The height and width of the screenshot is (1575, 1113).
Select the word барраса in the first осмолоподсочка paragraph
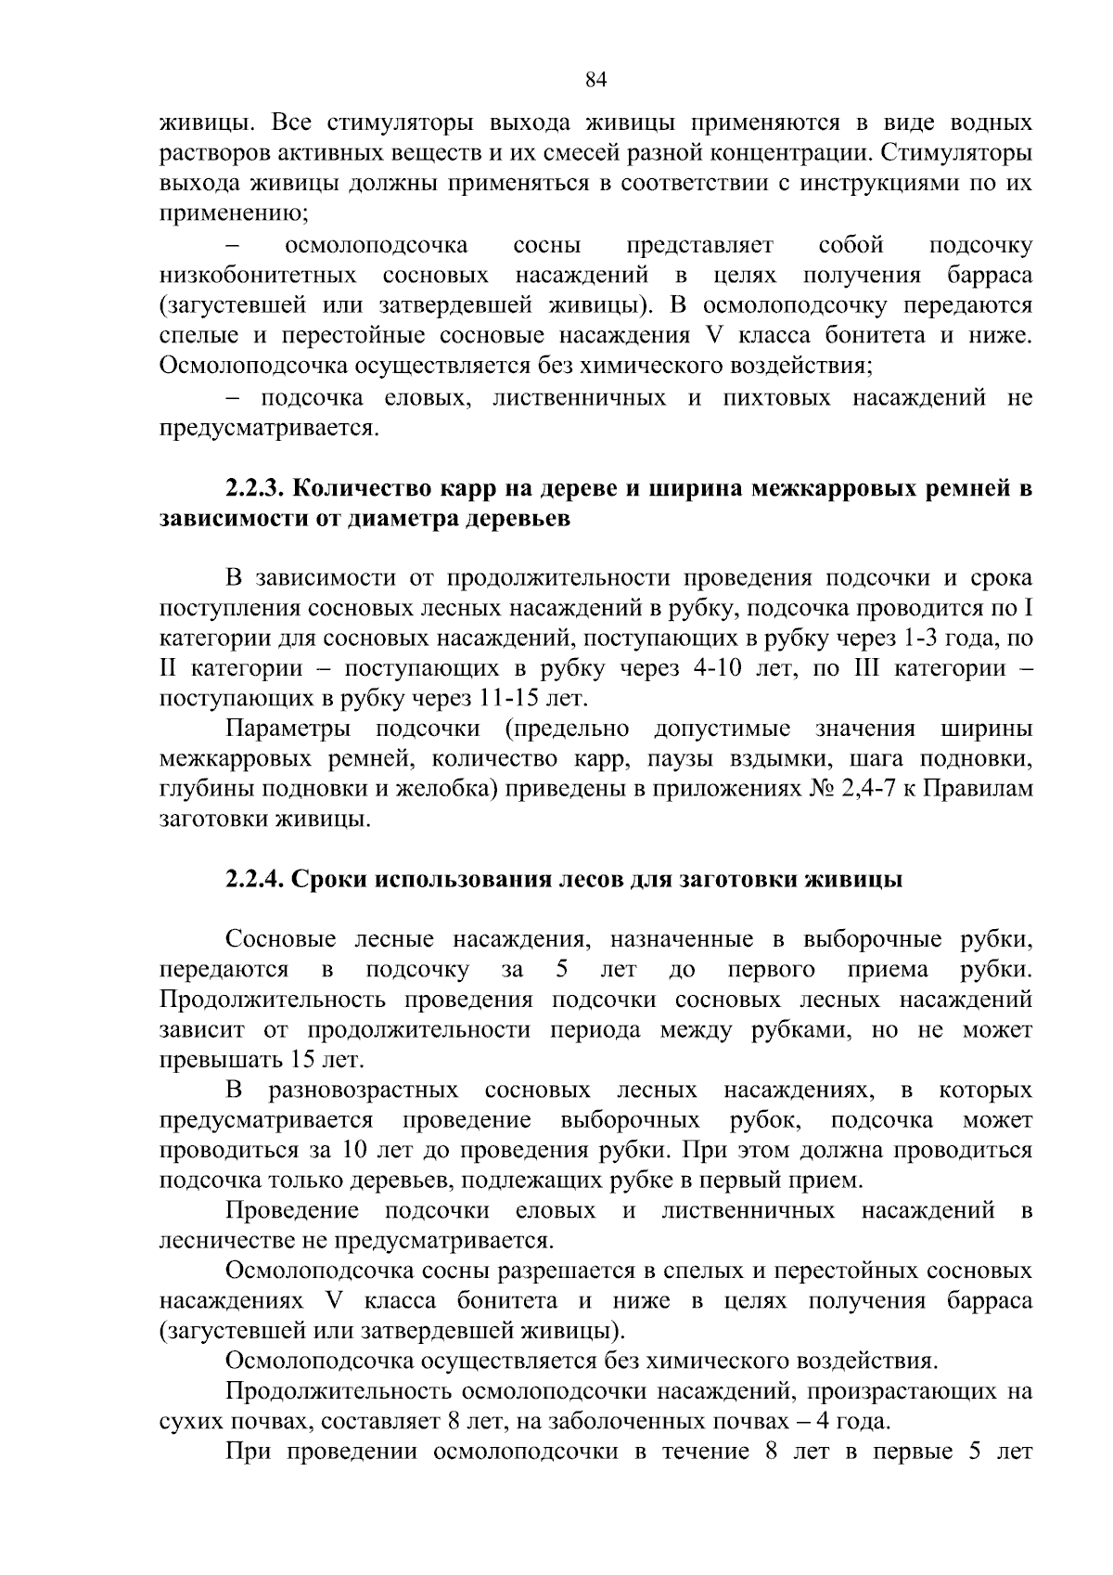click(990, 276)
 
